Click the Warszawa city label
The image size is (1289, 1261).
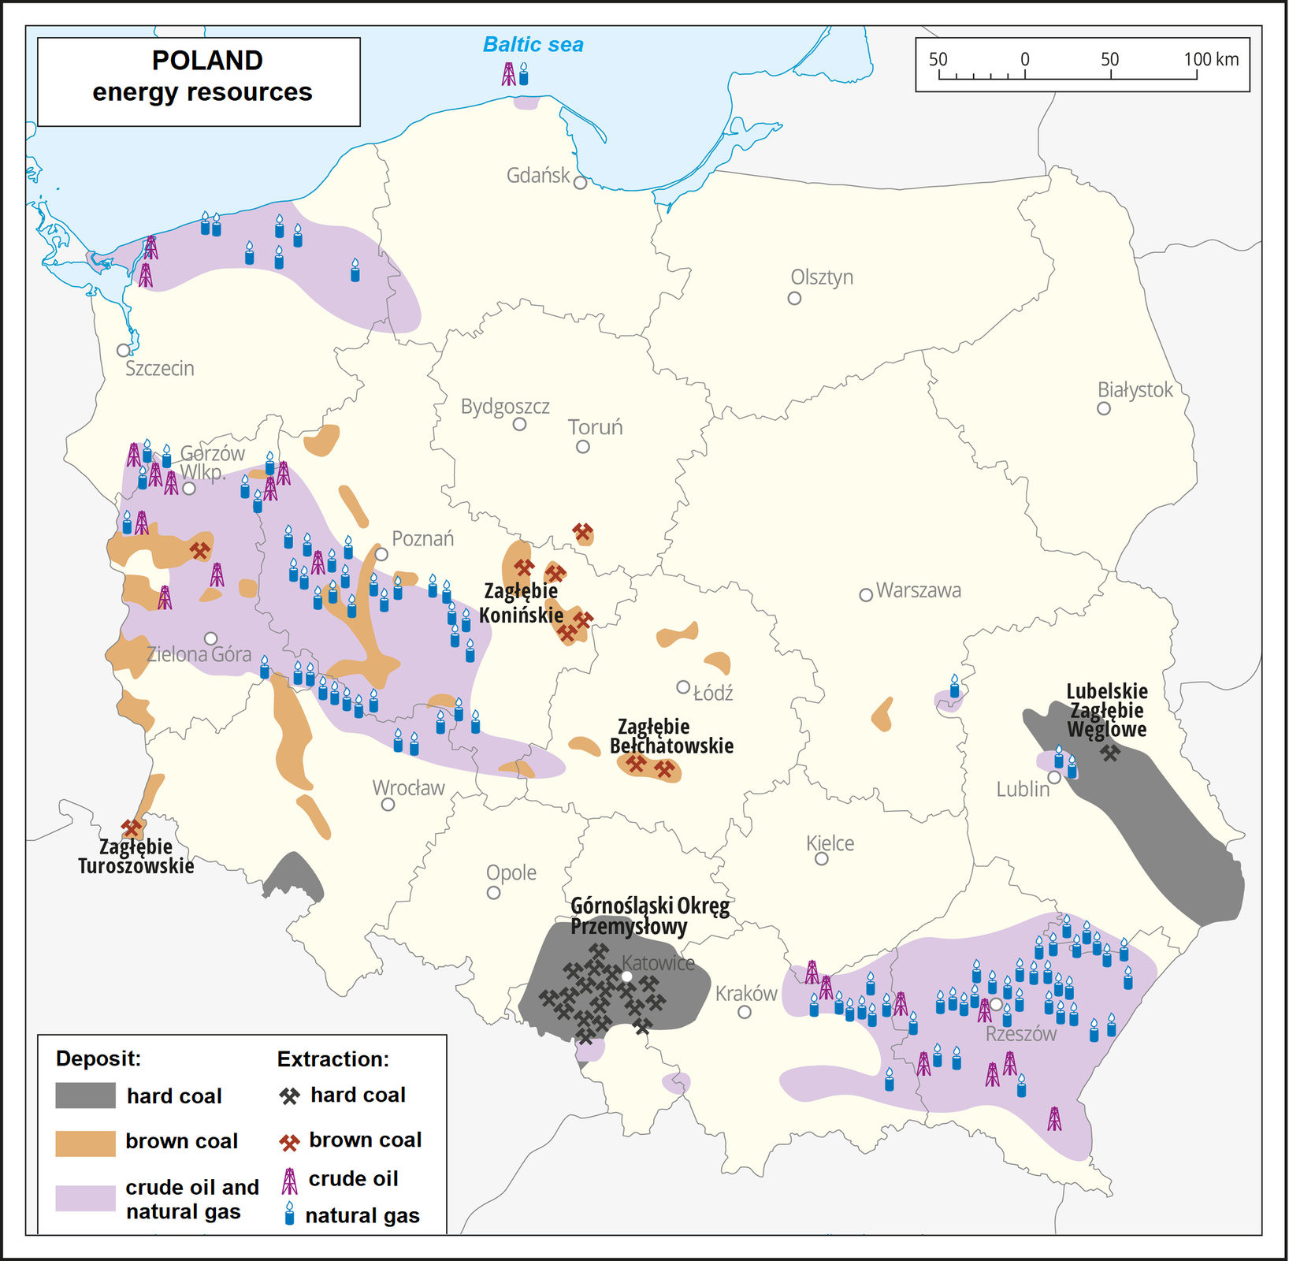click(x=918, y=591)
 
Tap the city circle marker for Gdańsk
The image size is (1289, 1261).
click(x=581, y=183)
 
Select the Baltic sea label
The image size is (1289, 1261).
click(x=533, y=45)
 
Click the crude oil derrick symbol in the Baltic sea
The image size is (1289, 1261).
click(x=509, y=74)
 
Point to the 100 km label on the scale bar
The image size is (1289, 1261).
click(x=1211, y=59)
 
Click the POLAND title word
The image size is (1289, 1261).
click(x=207, y=61)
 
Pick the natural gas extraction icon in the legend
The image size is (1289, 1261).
click(x=290, y=1214)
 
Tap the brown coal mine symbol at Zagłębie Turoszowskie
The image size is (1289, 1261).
click(x=132, y=828)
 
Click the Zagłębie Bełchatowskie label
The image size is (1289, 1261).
click(x=671, y=736)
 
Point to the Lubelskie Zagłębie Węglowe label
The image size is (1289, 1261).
click(x=1106, y=710)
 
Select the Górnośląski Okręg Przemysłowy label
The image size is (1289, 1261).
click(x=649, y=916)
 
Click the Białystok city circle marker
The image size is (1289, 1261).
click(x=1104, y=408)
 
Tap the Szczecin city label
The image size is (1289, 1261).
click(x=159, y=369)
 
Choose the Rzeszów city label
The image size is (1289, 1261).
click(x=1021, y=1034)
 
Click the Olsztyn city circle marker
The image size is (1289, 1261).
click(x=794, y=298)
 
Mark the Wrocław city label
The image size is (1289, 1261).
click(x=408, y=788)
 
